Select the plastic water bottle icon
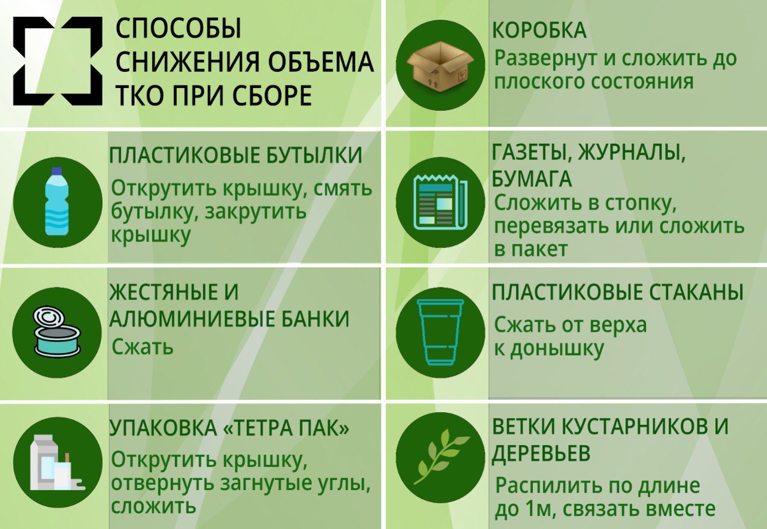pyautogui.click(x=57, y=201)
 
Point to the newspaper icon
pyautogui.click(x=440, y=201)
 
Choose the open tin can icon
pyautogui.click(x=57, y=331)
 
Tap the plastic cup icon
pyautogui.click(x=440, y=332)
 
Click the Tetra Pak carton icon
pyautogui.click(x=57, y=463)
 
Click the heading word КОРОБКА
pyautogui.click(x=539, y=30)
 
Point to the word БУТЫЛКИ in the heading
pyautogui.click(x=314, y=155)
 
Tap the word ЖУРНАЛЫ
pyautogui.click(x=631, y=153)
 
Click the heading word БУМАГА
pyautogui.click(x=532, y=179)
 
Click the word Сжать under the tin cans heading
pyautogui.click(x=143, y=347)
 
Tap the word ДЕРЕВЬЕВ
pyautogui.click(x=541, y=454)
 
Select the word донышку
pyautogui.click(x=557, y=350)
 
